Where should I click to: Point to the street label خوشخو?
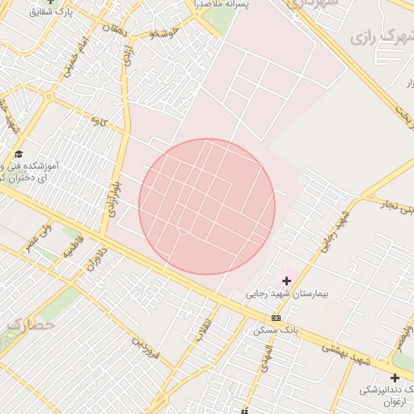click(165, 33)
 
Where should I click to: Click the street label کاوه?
click(99, 120)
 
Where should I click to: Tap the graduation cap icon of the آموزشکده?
click(19, 154)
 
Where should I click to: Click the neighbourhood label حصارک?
click(31, 325)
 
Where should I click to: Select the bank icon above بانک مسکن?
click(277, 318)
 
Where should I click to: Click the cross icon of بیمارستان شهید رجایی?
click(286, 281)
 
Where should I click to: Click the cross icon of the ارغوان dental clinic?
click(395, 378)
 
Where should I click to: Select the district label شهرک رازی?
click(381, 36)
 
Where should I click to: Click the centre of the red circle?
click(207, 206)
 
